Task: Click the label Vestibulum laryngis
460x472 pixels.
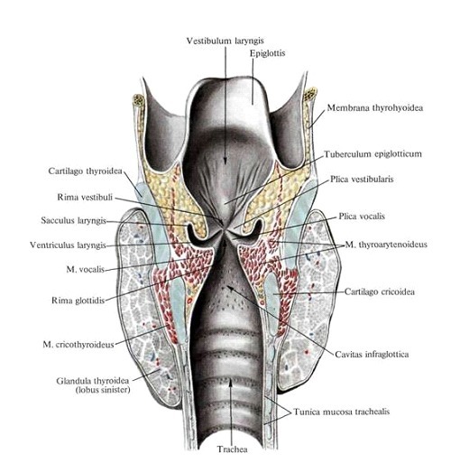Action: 225,41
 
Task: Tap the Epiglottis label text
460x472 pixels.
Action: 267,53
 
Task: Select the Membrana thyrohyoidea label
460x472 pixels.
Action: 375,107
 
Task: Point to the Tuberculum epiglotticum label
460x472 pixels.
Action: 373,154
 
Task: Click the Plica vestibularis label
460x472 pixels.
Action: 362,179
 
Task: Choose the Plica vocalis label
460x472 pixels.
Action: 362,216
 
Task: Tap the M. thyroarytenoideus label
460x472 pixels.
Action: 386,245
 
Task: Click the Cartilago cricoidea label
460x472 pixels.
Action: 380,292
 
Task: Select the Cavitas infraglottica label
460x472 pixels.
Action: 372,355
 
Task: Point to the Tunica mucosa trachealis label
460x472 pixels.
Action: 342,412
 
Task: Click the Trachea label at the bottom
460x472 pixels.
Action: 233,449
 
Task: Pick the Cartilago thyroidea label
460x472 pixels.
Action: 85,171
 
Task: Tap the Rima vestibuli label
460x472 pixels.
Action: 85,198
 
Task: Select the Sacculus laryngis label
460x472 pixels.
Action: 73,220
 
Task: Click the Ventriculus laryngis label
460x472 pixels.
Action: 68,245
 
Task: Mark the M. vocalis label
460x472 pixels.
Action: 85,269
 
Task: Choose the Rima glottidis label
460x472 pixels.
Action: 78,301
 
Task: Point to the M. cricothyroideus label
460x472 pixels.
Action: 78,344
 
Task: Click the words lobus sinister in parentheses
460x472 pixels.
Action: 103,390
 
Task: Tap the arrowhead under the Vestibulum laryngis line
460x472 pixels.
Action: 225,161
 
